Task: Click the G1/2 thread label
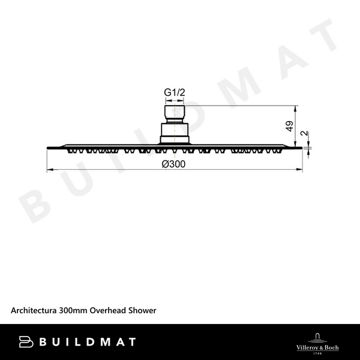tap(174, 93)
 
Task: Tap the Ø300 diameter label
tap(173, 164)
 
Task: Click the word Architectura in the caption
tap(34, 310)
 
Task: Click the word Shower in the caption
tap(142, 310)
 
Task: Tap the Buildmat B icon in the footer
tap(26, 342)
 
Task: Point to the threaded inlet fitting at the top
tap(174, 112)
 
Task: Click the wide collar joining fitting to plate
tap(174, 133)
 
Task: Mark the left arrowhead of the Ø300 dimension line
tap(50, 170)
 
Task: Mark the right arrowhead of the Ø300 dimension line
tap(298, 170)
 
